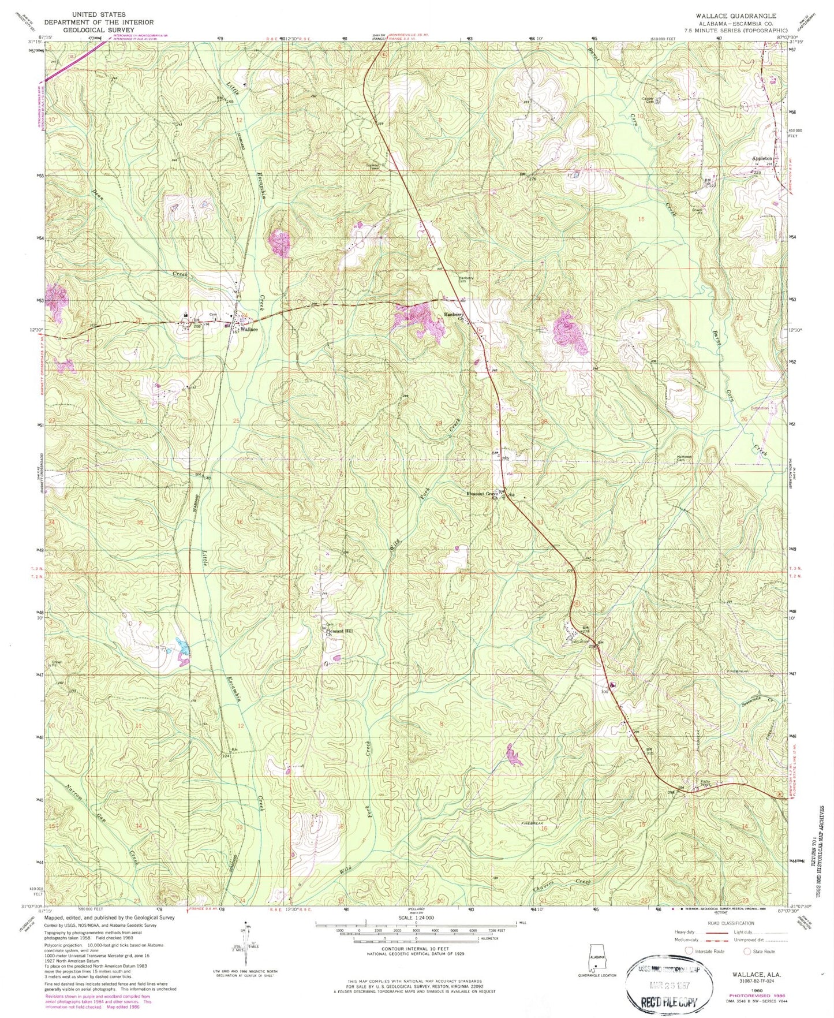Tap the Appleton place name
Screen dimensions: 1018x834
762,158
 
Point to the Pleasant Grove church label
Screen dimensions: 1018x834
483,494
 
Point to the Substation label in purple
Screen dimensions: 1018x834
760,408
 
